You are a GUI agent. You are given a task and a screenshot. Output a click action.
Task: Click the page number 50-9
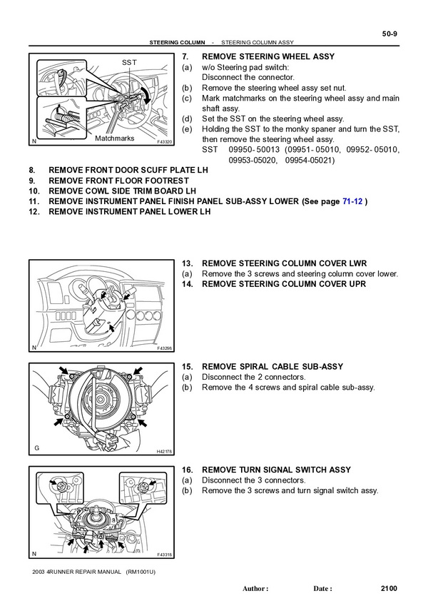click(389, 34)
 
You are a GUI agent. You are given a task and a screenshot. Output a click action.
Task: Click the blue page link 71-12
click(352, 201)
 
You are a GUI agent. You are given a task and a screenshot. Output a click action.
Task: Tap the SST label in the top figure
click(129, 62)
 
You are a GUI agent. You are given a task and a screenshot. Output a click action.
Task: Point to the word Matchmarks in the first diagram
click(115, 138)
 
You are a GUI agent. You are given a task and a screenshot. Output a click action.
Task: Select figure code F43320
click(164, 142)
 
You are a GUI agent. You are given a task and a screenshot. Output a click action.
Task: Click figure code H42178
click(164, 451)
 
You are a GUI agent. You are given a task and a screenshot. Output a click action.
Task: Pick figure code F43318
click(165, 555)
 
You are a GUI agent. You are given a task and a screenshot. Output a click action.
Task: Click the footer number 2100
click(389, 589)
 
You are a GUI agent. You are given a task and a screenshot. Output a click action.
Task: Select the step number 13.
click(188, 263)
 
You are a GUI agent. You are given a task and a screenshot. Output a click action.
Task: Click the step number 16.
click(188, 470)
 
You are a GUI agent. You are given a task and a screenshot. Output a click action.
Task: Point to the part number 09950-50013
click(254, 150)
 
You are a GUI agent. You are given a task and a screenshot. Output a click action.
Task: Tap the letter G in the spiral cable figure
click(36, 448)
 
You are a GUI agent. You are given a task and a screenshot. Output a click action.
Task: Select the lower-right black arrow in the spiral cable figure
click(142, 423)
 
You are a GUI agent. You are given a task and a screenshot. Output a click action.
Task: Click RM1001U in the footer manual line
click(141, 572)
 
